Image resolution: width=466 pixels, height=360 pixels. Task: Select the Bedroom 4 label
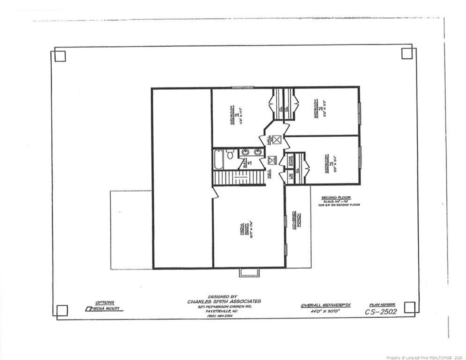coord(329,164)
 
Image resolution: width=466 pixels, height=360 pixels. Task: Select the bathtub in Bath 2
coord(218,159)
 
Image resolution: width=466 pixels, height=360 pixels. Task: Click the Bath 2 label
coord(247,164)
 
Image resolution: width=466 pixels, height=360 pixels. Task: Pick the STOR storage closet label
coord(290,161)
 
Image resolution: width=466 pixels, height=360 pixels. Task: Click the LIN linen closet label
coord(290,176)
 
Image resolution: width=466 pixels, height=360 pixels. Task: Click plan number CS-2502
coord(381,312)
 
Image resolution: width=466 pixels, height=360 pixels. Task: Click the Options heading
coord(104,302)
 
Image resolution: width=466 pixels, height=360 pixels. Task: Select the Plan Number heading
coord(382,304)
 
